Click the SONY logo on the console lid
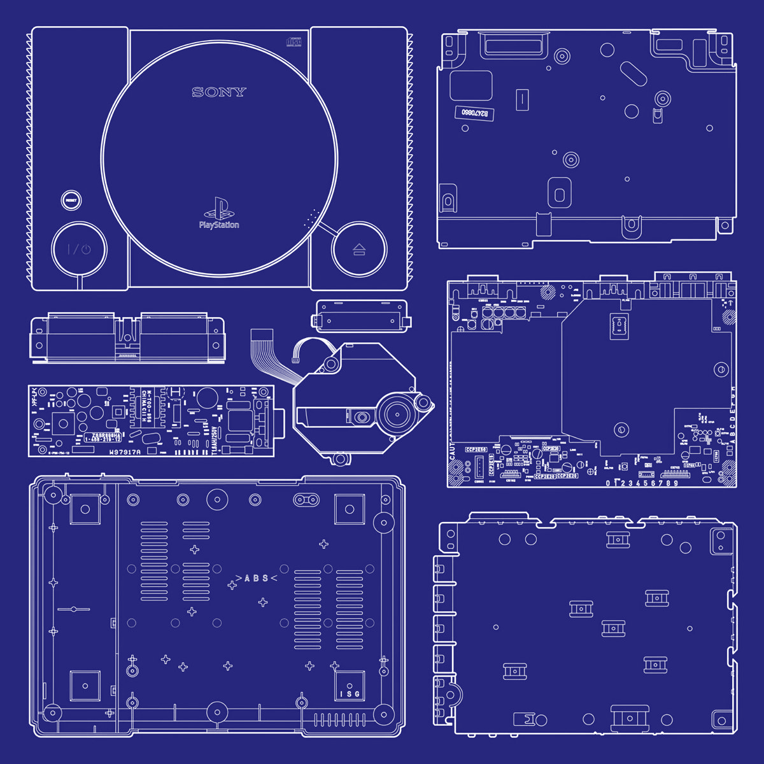[x=218, y=92]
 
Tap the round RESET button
[x=71, y=200]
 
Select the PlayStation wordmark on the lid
[x=219, y=225]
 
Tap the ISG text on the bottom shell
[x=350, y=693]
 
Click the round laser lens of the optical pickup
[x=362, y=418]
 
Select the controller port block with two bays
[x=127, y=337]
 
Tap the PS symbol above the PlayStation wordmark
[x=218, y=208]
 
